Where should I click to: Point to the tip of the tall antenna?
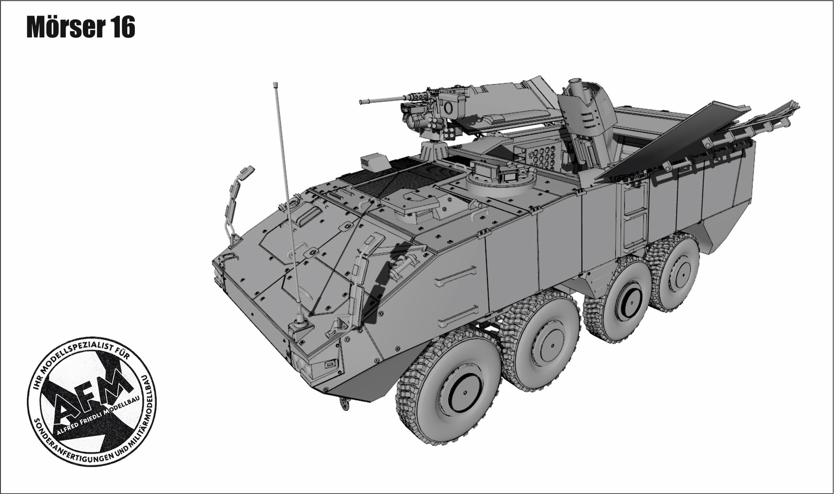pos(275,84)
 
